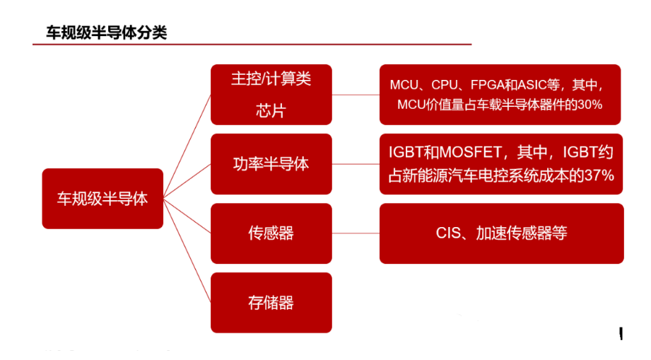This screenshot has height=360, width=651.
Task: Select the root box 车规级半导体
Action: (x=102, y=199)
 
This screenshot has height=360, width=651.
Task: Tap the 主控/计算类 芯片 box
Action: (x=271, y=94)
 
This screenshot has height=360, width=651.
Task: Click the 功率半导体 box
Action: (x=271, y=164)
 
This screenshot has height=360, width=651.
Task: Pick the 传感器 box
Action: (x=271, y=233)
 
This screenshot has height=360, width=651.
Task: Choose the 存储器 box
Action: (x=271, y=303)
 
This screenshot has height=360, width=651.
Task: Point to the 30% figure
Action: (x=589, y=105)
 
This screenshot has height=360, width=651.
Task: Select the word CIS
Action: (x=448, y=233)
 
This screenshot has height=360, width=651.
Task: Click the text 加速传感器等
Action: (x=522, y=233)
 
